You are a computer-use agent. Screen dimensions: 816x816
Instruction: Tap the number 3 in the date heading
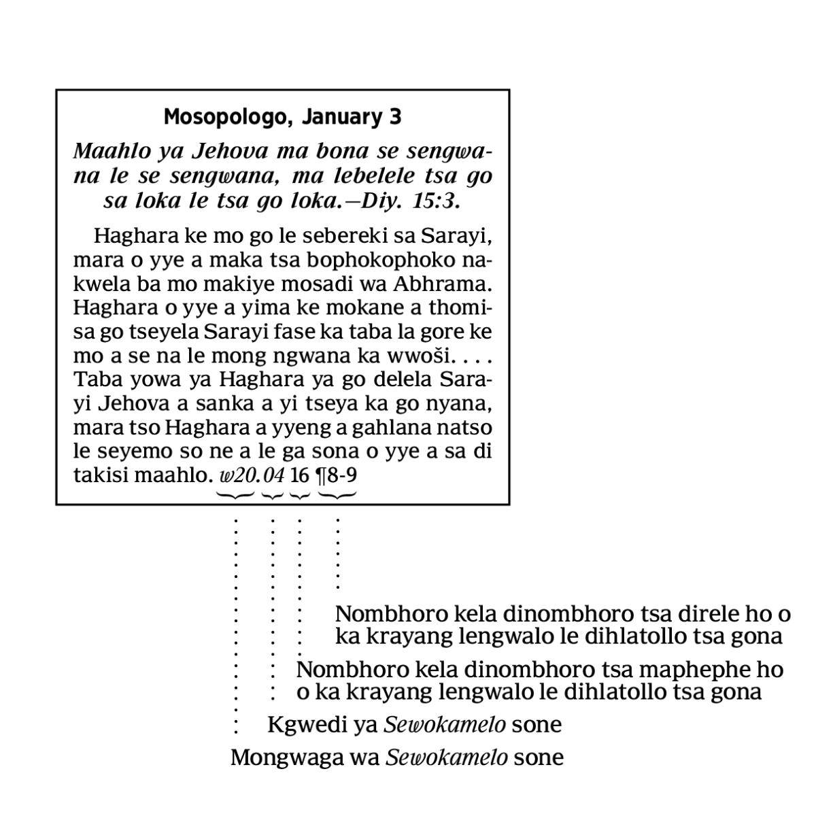click(396, 117)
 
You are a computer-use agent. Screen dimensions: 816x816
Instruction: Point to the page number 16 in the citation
click(299, 475)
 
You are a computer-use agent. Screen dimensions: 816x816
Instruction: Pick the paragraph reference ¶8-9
click(337, 475)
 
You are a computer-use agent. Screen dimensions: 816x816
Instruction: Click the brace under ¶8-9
click(337, 495)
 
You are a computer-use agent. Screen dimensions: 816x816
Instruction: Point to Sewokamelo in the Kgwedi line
click(445, 725)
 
